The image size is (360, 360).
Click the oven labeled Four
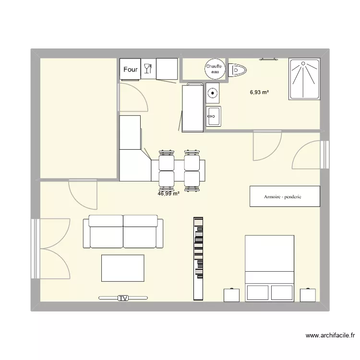[130, 69]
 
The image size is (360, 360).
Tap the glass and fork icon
[148, 69]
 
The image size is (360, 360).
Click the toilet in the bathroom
[238, 71]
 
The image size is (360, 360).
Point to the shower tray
[304, 79]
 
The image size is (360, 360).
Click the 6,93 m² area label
[259, 92]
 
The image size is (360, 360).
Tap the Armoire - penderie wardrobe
[284, 196]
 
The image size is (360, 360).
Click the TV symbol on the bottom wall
[123, 298]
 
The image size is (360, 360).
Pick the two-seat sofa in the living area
[123, 232]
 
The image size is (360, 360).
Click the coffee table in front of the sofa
[122, 268]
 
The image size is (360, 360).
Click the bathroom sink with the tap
[213, 116]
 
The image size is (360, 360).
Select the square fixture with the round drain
[212, 93]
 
